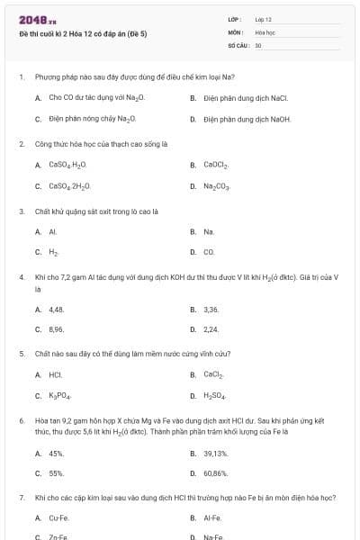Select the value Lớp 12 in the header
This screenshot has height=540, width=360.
pos(263,19)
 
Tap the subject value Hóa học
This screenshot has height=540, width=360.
pos(265,31)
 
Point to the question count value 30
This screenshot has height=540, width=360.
pos(258,44)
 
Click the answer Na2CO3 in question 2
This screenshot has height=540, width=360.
pos(217,186)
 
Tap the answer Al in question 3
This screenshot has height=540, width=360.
pos(53,231)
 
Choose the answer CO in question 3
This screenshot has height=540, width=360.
pos(209,253)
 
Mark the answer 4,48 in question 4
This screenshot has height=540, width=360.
pos(57,309)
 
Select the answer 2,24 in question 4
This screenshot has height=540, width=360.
pos(211,329)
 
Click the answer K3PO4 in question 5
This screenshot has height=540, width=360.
pos(60,396)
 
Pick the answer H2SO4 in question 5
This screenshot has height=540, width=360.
pos(214,396)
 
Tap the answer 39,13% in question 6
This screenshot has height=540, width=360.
pos(216,454)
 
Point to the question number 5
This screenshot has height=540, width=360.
pos(21,354)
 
